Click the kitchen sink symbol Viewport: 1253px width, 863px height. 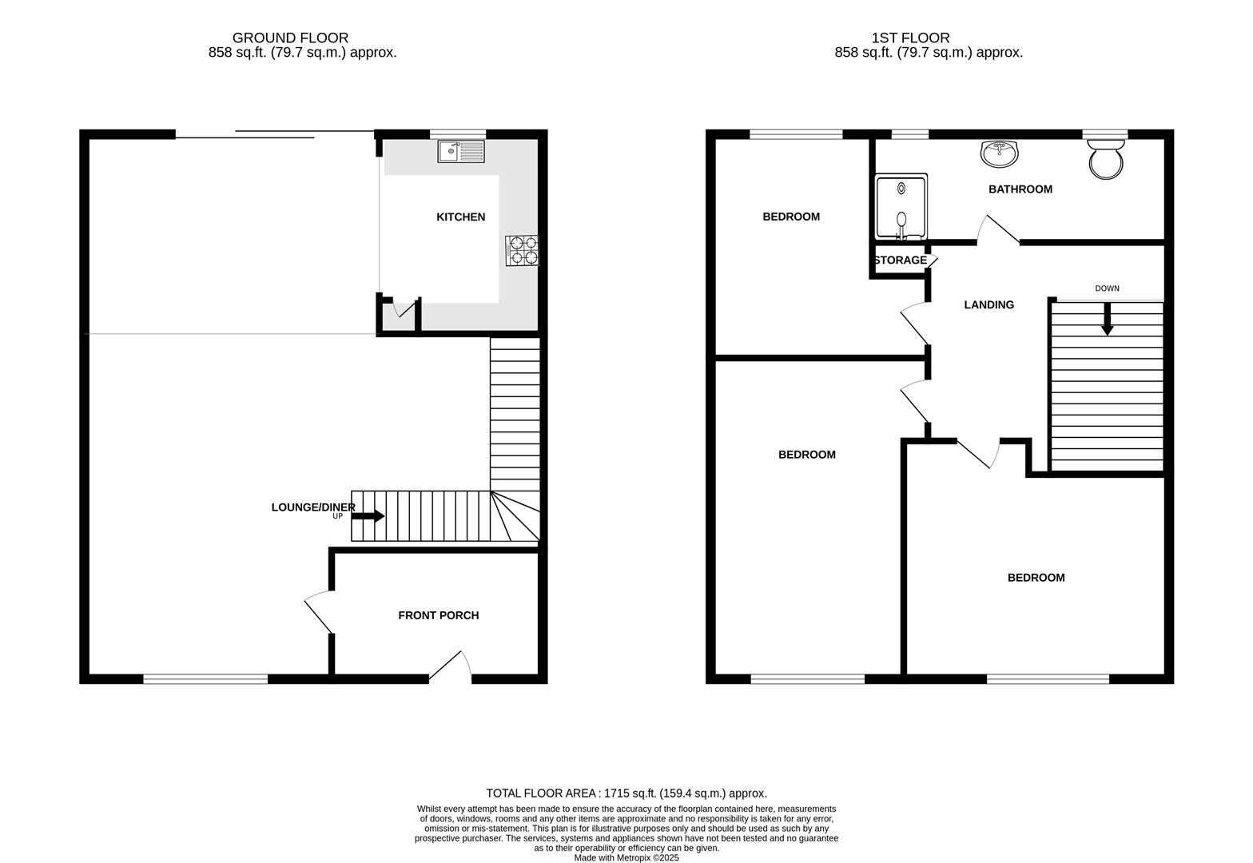click(461, 151)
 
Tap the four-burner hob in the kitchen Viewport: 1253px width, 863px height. click(522, 250)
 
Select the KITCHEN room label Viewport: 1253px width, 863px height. click(460, 217)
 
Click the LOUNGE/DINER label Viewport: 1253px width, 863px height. click(312, 507)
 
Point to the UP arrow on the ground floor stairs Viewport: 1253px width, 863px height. click(368, 516)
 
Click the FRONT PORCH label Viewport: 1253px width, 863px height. click(438, 615)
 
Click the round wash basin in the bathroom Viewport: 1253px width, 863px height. click(999, 153)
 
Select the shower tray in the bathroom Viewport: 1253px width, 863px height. click(901, 207)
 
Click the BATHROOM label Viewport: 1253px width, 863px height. click(1020, 189)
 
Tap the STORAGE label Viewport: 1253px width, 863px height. click(900, 260)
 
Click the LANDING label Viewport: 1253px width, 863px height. click(988, 304)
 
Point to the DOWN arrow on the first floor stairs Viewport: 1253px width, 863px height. click(1107, 321)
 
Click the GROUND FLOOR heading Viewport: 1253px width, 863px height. click(290, 38)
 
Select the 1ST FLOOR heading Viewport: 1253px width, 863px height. click(910, 38)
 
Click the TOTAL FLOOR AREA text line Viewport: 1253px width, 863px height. click(626, 793)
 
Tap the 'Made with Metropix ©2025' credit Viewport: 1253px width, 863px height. click(626, 857)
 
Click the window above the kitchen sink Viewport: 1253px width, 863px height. click(457, 133)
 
